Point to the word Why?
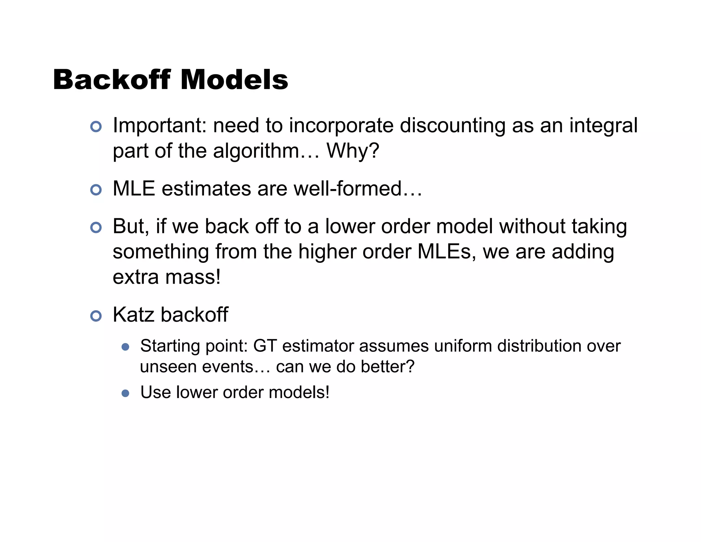[x=353, y=151]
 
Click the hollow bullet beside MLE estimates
[x=96, y=190]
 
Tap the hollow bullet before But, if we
[x=96, y=227]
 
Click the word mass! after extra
[x=193, y=277]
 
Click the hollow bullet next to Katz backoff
[x=96, y=316]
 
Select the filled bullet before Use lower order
[x=126, y=393]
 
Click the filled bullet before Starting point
[x=126, y=347]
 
